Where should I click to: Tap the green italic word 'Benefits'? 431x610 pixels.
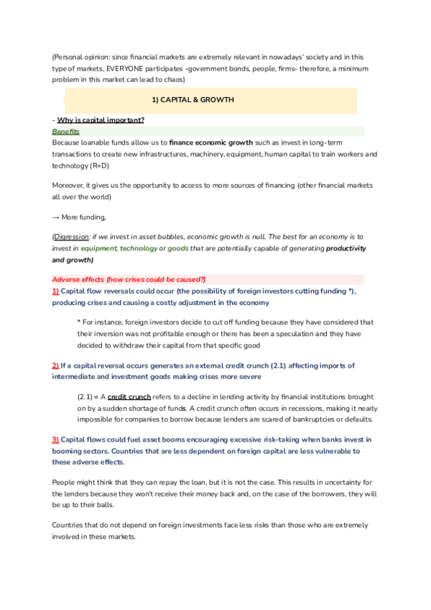[65, 132]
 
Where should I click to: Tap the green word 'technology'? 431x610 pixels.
[139, 248]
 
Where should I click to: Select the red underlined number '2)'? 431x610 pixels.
[55, 365]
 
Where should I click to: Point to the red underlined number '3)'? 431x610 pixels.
[55, 440]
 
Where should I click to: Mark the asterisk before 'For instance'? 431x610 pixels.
[78, 322]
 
